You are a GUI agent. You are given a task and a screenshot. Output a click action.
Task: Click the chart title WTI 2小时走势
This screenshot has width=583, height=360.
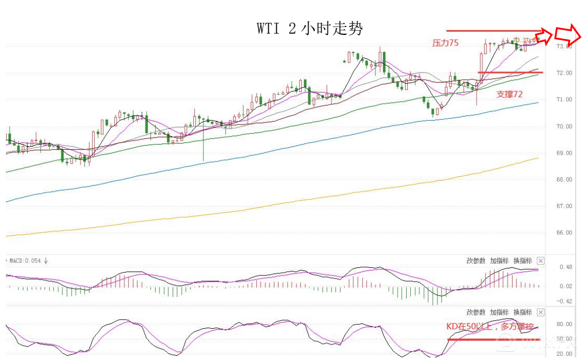click(310, 29)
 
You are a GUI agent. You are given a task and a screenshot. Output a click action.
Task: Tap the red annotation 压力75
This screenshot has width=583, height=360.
click(445, 43)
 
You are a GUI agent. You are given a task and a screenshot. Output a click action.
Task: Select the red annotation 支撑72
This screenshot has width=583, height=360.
click(509, 94)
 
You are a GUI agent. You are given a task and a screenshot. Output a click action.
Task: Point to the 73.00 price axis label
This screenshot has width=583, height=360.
click(564, 46)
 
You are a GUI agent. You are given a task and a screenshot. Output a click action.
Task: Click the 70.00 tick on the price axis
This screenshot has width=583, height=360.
click(564, 127)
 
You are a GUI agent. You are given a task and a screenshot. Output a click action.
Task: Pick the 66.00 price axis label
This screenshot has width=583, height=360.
click(564, 233)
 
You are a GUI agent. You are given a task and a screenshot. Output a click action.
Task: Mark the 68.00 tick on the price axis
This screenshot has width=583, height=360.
click(564, 180)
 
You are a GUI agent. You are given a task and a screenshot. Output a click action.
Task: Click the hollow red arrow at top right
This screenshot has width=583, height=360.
click(569, 35)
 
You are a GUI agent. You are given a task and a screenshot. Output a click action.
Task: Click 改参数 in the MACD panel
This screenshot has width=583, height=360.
click(476, 260)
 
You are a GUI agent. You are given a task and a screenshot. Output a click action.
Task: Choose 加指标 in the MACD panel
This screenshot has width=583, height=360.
click(499, 260)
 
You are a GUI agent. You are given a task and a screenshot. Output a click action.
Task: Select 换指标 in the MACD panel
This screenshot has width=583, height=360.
click(523, 260)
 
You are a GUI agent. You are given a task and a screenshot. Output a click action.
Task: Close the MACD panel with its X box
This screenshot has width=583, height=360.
click(541, 260)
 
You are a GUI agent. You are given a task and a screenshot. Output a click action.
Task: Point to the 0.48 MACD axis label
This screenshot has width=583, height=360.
click(566, 267)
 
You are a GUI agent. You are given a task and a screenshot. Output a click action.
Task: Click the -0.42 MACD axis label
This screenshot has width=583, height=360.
click(564, 302)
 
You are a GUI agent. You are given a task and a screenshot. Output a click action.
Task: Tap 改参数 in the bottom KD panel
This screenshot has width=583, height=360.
click(476, 312)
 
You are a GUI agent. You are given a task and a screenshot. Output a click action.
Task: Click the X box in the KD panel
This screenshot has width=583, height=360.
click(541, 312)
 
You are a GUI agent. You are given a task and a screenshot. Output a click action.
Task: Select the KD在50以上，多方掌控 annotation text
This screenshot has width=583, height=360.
click(490, 326)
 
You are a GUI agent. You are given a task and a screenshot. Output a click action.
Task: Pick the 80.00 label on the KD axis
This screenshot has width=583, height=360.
click(564, 324)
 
